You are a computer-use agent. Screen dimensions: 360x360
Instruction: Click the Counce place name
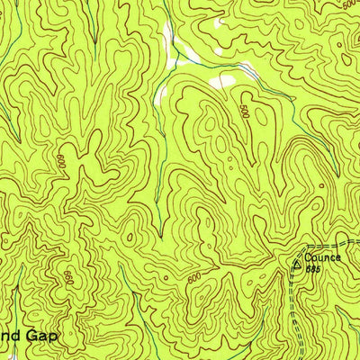(321, 257)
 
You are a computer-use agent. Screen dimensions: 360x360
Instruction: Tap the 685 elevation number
(312, 268)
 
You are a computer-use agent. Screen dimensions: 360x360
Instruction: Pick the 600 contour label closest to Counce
(194, 280)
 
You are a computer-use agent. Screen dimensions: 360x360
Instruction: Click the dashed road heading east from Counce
(328, 246)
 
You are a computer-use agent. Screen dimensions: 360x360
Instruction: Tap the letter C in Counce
(305, 257)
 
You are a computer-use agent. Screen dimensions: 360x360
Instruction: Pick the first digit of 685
(307, 268)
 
